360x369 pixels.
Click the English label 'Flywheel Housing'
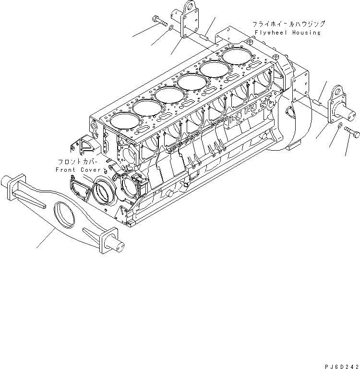tap(288, 32)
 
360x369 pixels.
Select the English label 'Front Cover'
tap(78, 170)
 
